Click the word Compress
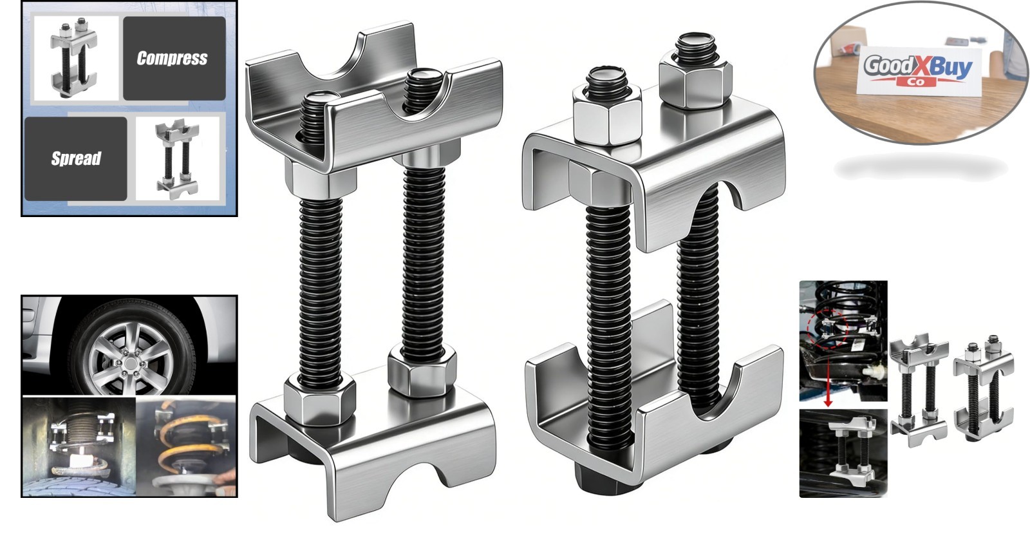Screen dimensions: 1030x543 coord(172,59)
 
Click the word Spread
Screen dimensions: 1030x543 coord(76,158)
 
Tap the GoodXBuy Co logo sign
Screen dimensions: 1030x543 coord(918,71)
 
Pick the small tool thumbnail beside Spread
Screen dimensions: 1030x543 coord(178,158)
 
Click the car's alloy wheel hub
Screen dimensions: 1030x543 coord(131,363)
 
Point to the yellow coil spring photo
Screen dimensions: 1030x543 coord(186,447)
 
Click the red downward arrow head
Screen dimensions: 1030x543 coord(828,403)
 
